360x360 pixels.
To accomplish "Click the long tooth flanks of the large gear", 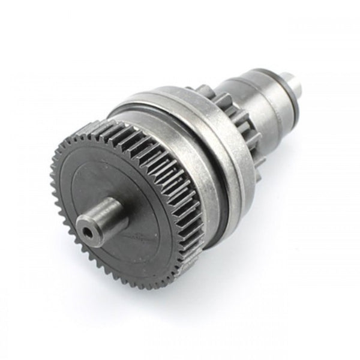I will pyautogui.click(x=174, y=180).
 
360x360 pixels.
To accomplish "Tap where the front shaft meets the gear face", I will pyautogui.click(x=123, y=207).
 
